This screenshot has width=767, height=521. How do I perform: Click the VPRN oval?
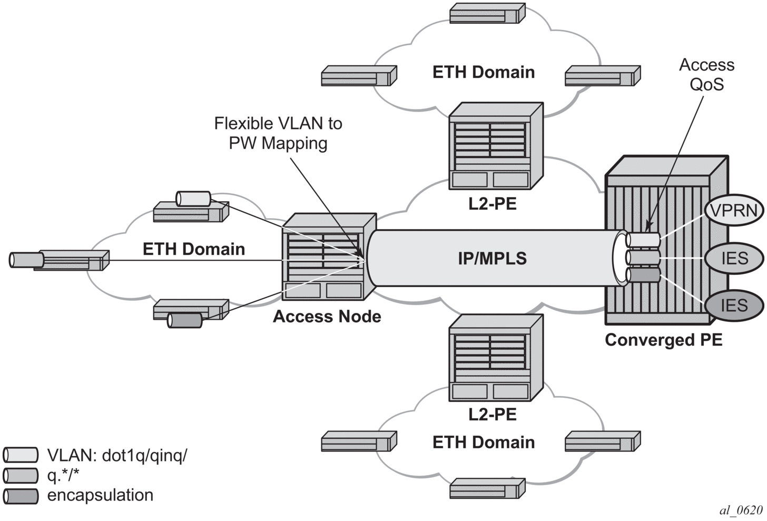point(734,210)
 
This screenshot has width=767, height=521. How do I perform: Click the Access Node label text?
point(327,316)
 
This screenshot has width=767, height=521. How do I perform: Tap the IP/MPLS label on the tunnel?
point(492,258)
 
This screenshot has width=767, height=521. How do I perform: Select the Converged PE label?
point(663,340)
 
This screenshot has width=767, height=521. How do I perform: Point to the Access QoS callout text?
point(706,74)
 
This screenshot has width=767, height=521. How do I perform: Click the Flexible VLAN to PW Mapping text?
point(278,133)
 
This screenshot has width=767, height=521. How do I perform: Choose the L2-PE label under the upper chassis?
point(492,203)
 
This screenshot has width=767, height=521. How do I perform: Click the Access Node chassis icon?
point(329,256)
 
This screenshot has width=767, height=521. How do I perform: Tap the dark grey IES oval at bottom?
point(734,306)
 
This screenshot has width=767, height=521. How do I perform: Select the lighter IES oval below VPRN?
point(734,258)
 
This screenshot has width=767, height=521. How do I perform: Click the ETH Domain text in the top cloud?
point(483,72)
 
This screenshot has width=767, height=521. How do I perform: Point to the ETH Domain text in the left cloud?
point(193,249)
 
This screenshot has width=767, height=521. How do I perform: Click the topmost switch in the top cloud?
point(487,13)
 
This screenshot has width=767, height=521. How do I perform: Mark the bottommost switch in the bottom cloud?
point(487,488)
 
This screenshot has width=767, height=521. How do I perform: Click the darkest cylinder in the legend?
point(21,496)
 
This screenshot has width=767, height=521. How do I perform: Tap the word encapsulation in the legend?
point(100,495)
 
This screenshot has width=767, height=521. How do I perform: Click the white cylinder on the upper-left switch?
point(193,199)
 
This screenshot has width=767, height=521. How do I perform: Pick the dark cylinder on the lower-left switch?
point(184,320)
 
